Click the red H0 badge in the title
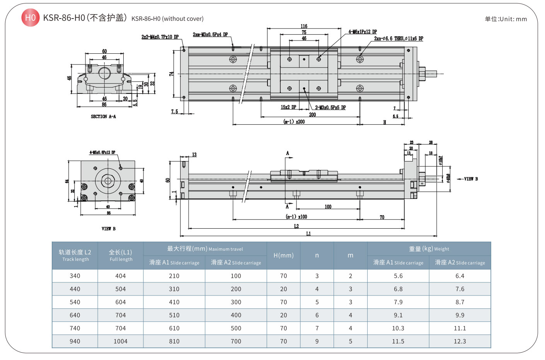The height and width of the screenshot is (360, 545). click(30, 18)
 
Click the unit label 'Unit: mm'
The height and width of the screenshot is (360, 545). click(506, 19)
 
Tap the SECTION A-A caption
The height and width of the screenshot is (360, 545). click(103, 116)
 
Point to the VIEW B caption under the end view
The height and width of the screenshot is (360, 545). click(109, 229)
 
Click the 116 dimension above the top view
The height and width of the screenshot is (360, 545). click(304, 26)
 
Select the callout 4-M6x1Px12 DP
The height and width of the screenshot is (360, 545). click(363, 32)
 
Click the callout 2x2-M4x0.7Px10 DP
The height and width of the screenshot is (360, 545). click(160, 37)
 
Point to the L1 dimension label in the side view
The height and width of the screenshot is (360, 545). click(308, 234)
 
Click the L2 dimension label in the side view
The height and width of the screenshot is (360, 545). click(296, 226)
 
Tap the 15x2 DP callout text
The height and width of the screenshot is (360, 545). click(288, 107)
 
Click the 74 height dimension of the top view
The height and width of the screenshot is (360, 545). click(171, 73)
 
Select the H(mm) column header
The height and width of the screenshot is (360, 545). click(283, 255)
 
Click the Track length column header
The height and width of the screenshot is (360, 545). click(75, 255)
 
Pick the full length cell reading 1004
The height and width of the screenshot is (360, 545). click(121, 341)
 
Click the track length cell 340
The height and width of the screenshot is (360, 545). click(75, 276)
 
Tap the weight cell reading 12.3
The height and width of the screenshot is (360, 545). click(460, 341)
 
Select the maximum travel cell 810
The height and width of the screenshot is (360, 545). click(174, 341)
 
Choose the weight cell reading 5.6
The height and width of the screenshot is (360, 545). click(398, 276)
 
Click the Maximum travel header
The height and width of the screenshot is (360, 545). click(205, 249)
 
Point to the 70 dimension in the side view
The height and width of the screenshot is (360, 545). click(382, 217)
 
